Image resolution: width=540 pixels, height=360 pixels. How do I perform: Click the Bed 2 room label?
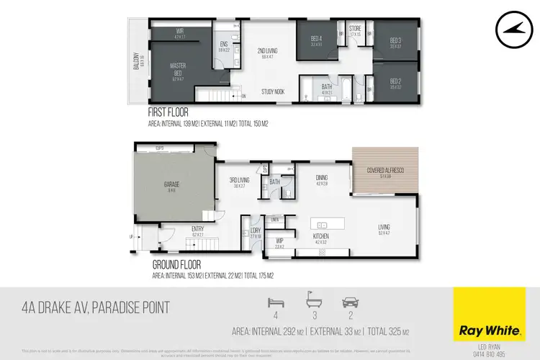coord(395,81)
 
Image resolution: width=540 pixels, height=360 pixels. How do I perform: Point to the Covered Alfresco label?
coord(384,170)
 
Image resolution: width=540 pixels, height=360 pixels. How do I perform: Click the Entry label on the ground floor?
coord(197,230)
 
